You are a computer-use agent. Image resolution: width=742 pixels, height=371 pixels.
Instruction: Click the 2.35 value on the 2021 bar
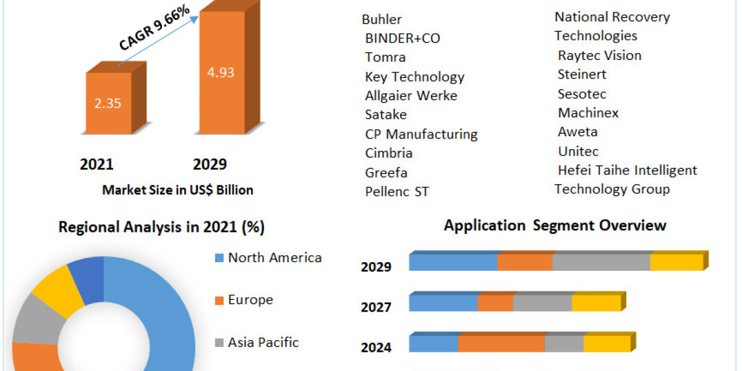108,103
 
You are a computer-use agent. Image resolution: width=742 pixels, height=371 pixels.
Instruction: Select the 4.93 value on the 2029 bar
220,72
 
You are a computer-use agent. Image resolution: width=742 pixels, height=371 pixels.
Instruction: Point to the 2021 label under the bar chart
96,164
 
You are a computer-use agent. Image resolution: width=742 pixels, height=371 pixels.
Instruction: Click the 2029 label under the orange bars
210,164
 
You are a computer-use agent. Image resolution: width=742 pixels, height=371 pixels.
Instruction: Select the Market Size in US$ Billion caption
177,190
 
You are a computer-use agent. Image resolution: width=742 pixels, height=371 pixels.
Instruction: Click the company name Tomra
385,58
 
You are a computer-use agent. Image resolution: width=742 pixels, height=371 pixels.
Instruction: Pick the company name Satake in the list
386,114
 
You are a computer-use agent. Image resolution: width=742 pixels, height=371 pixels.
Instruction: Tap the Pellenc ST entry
396,192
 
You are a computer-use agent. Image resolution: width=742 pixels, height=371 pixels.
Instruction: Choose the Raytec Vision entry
599,56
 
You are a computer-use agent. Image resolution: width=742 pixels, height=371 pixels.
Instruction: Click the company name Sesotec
582,94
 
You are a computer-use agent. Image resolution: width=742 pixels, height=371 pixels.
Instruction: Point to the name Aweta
578,132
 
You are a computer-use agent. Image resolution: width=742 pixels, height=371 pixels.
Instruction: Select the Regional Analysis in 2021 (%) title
161,227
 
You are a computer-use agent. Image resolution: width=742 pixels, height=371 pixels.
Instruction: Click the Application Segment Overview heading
555,225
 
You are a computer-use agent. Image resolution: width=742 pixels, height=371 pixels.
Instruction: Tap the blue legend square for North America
219,258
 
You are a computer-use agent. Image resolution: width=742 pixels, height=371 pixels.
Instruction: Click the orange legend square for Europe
219,301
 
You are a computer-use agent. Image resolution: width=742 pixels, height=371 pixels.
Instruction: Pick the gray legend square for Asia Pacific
219,343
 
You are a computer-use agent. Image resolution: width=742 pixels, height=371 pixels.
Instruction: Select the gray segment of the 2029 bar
600,262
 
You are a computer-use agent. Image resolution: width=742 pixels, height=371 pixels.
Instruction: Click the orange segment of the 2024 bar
501,344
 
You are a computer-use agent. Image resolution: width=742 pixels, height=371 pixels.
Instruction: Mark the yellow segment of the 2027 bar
596,303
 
